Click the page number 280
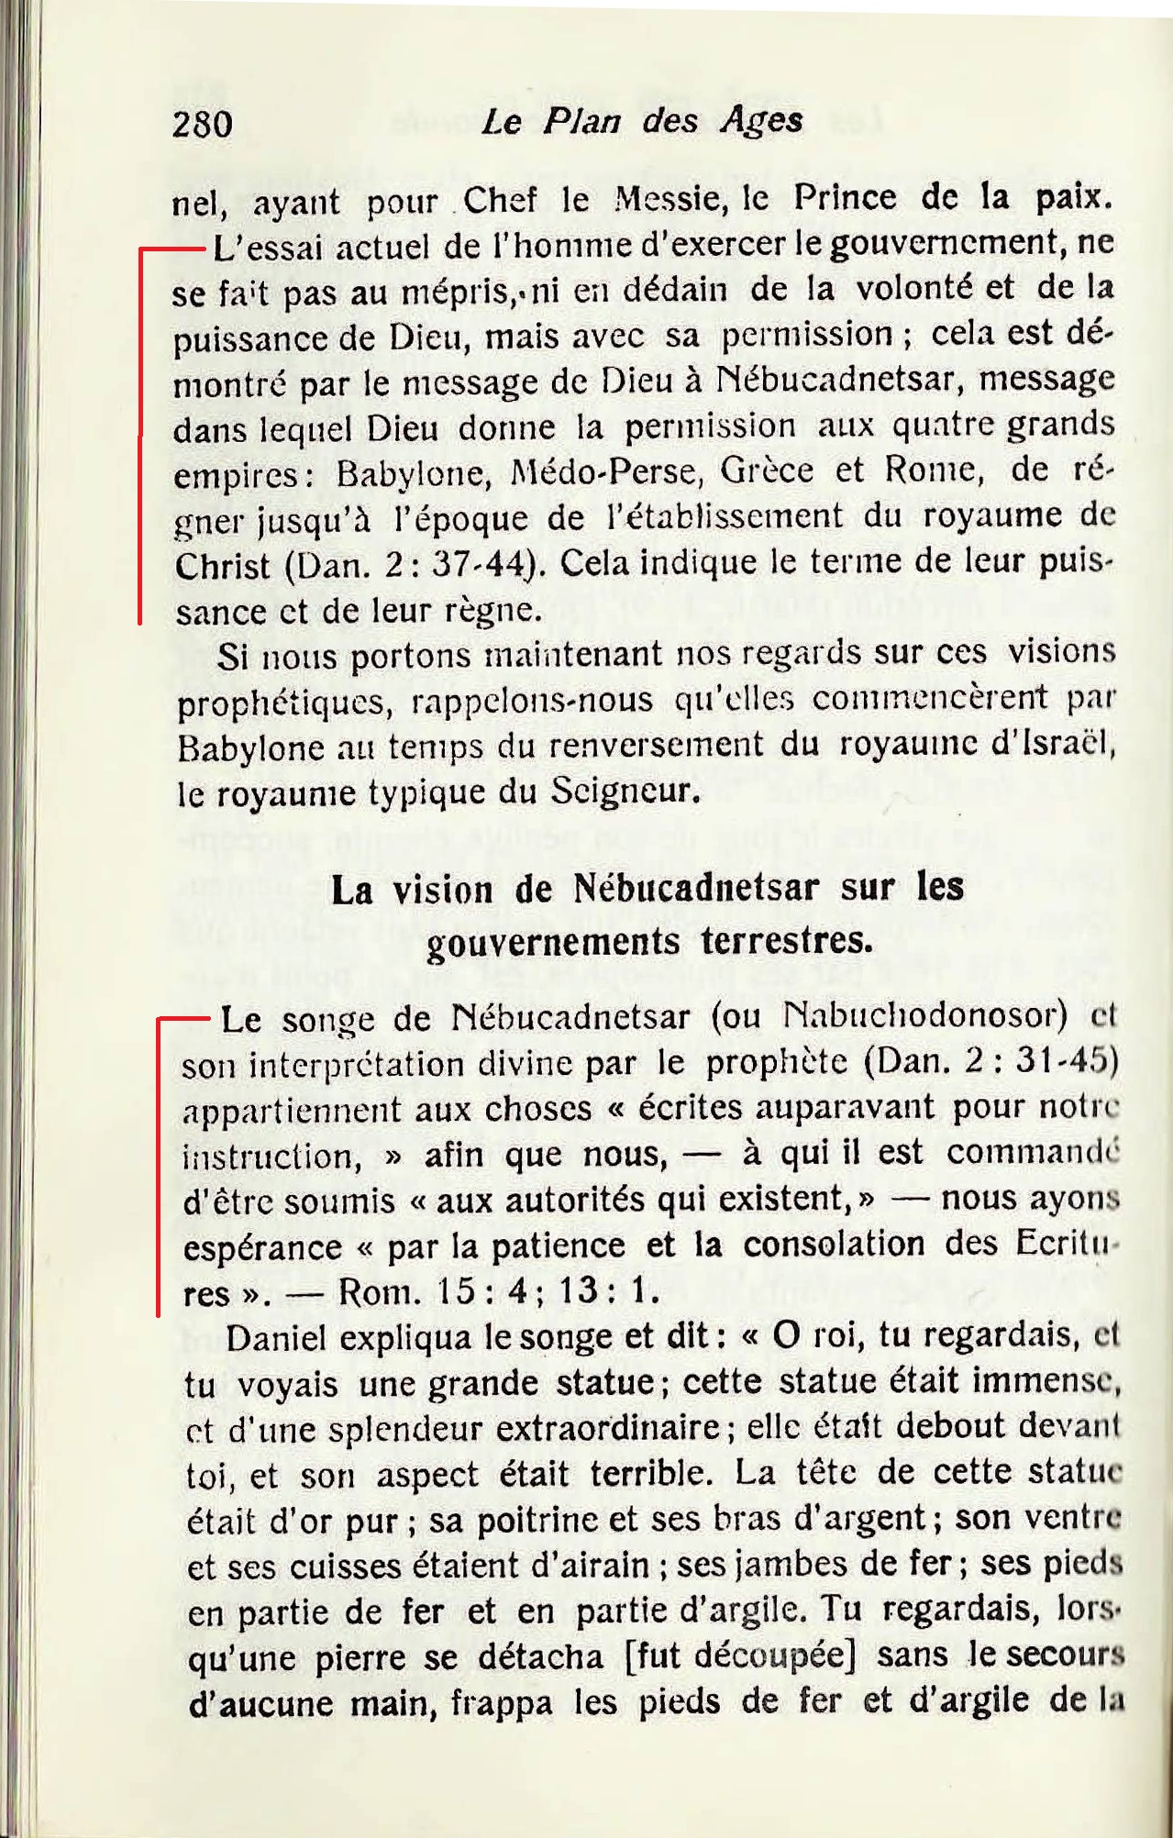tap(203, 124)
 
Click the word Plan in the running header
tap(578, 121)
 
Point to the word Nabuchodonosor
tap(927, 1016)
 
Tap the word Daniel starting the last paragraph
tap(276, 1338)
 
